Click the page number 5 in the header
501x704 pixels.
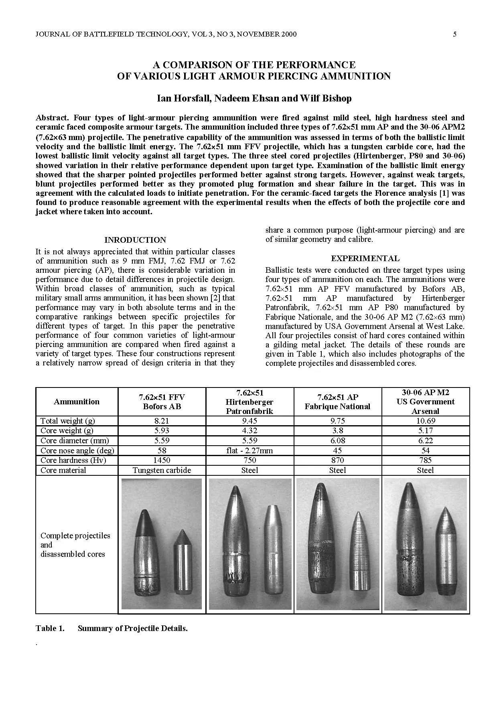point(454,34)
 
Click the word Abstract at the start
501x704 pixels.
point(52,118)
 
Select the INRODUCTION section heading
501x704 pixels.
point(135,240)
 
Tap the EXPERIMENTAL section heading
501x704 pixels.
point(365,258)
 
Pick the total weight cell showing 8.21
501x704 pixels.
point(162,421)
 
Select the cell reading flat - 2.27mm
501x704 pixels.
point(249,450)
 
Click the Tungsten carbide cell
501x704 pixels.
point(162,470)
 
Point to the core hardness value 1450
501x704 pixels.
point(162,460)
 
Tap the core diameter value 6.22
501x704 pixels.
point(425,440)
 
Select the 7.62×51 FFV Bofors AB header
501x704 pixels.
point(162,402)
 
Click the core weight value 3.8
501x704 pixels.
point(337,430)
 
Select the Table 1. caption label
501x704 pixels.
point(50,629)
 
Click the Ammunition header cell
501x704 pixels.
point(77,402)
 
